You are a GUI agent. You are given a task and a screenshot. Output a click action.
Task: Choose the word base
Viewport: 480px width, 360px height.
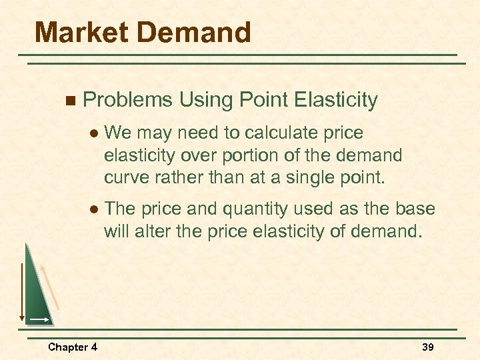pos(415,209)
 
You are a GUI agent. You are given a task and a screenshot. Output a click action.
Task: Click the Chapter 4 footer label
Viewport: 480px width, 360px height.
pos(72,347)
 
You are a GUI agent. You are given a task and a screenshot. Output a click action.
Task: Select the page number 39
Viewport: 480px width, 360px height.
pos(428,347)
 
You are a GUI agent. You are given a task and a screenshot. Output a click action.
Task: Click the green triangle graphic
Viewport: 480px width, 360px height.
pos(37,293)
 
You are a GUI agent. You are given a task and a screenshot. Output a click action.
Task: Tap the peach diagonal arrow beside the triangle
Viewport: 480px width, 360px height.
pos(51,287)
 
